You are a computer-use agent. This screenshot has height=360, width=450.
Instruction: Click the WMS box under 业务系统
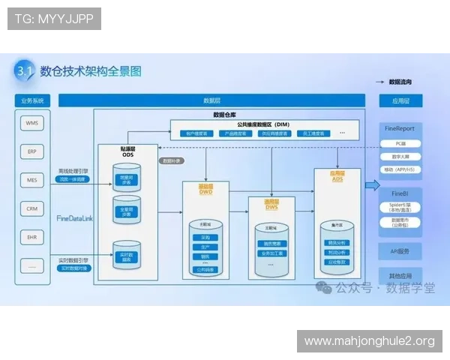click(x=31, y=123)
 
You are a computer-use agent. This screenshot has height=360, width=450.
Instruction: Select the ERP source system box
click(x=31, y=151)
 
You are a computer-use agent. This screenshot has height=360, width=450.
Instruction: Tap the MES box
click(x=31, y=180)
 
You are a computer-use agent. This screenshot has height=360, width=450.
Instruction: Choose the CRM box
click(x=31, y=208)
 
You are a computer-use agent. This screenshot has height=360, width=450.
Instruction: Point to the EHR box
click(x=31, y=236)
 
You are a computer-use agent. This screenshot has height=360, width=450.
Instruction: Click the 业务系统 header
click(x=32, y=100)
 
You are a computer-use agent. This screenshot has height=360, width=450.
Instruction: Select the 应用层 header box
click(x=411, y=100)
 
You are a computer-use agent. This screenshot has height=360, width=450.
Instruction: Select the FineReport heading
click(x=411, y=129)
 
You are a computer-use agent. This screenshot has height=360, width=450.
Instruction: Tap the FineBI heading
click(x=411, y=193)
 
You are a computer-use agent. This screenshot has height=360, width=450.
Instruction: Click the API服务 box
click(x=411, y=250)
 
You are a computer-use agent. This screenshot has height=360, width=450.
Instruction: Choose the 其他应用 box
click(x=411, y=274)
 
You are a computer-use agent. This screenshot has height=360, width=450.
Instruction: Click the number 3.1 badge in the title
click(x=25, y=71)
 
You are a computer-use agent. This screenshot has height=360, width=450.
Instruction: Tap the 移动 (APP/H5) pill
click(x=411, y=169)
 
